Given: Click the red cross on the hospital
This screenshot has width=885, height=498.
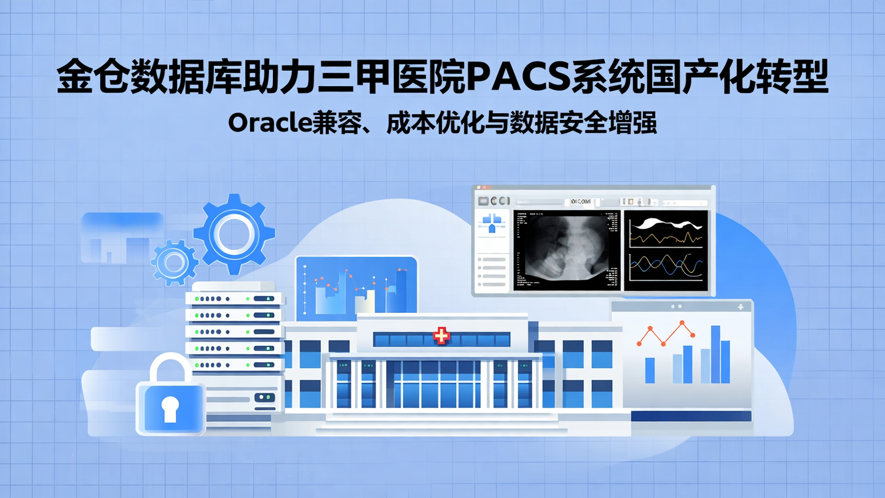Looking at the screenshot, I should click(441, 336).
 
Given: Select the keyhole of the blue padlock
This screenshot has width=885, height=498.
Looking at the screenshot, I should click(170, 408).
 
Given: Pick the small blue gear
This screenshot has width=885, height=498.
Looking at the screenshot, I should click(174, 263).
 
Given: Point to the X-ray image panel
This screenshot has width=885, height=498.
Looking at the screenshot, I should click(567, 250).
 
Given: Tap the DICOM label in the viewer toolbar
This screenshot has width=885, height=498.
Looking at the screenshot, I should click(581, 202).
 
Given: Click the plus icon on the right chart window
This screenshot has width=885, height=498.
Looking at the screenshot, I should click(741, 306).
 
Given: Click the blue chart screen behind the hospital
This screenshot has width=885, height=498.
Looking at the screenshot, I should click(356, 287).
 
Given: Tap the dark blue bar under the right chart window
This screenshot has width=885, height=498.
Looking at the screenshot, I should click(691, 416).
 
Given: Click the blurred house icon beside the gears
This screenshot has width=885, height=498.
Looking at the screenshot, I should click(120, 239).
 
